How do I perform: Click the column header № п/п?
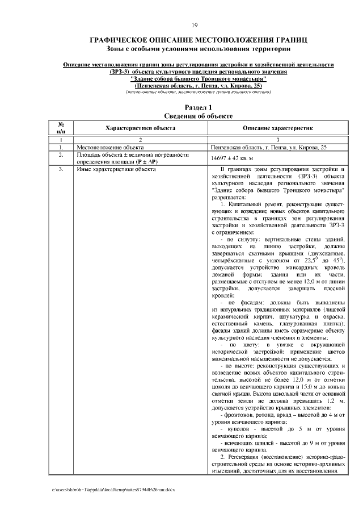tap(61, 128)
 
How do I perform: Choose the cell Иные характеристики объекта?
tap(116, 169)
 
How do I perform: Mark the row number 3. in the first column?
tap(61, 169)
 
